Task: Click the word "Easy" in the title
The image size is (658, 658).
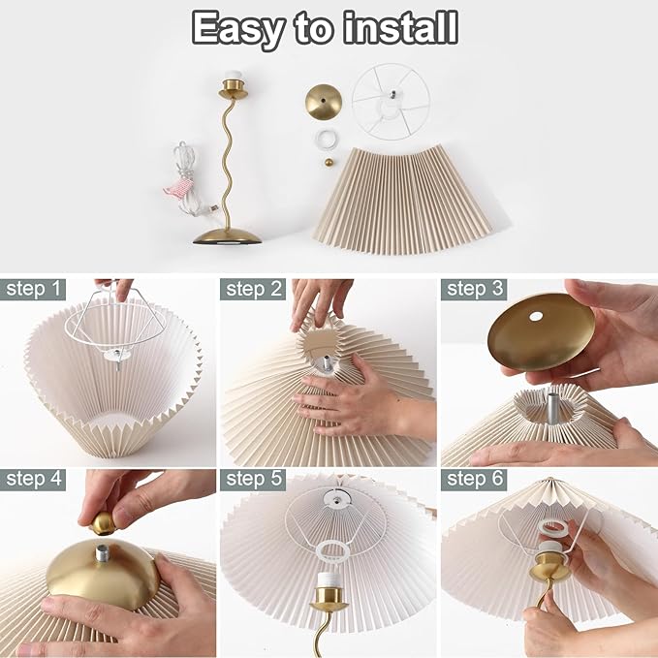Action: click(238, 28)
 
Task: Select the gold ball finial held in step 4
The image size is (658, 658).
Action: click(104, 523)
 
